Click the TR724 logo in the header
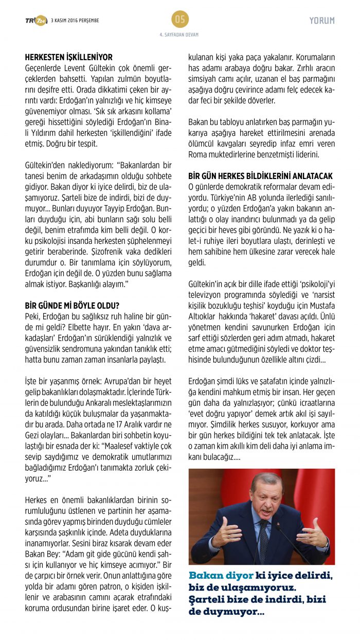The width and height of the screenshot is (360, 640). [36, 21]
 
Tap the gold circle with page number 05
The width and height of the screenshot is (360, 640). [180, 20]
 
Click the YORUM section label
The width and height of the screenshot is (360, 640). [322, 21]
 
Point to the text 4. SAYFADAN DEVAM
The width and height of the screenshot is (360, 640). [180, 35]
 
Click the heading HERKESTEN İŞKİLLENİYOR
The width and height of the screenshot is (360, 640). [68, 58]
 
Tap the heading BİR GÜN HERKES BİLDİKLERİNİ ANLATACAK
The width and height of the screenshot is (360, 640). [261, 176]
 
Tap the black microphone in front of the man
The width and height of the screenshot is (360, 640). [280, 526]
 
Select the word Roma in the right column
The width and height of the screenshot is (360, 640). [198, 154]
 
